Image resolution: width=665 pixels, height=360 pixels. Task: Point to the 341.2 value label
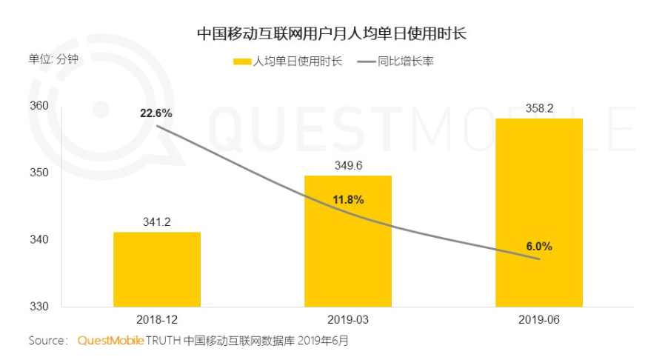[x=157, y=220]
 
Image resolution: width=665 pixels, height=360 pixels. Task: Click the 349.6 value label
[x=348, y=164]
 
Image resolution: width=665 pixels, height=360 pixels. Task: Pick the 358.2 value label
[x=538, y=107]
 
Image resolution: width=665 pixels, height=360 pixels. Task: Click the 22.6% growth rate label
[x=156, y=113]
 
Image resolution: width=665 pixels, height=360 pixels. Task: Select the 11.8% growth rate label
[x=347, y=200]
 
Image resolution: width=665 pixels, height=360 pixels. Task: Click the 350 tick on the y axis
[x=40, y=173]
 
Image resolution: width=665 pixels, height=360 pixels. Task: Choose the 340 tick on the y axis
[x=40, y=240]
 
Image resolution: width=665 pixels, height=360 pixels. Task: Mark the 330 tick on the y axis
[x=40, y=307]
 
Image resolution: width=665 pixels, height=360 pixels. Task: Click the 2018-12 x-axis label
[x=157, y=319]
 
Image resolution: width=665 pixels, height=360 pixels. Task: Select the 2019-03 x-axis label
[x=348, y=319]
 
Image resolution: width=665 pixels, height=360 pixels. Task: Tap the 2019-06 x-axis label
[x=538, y=319]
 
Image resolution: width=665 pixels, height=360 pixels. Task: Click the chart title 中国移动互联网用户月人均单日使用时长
[x=332, y=34]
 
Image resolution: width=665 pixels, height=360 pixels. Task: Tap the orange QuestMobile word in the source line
[x=110, y=341]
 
